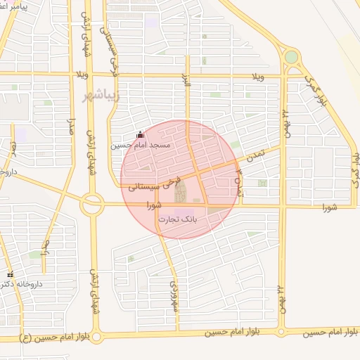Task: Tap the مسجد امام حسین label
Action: tap(140, 145)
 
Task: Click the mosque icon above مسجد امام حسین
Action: tap(139, 134)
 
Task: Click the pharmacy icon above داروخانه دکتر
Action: tap(10, 274)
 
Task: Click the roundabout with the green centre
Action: tap(291, 57)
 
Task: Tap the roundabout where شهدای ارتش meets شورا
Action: tap(91, 205)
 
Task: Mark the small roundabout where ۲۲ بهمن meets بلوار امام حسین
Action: tap(281, 330)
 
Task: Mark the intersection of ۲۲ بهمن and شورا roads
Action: tap(281, 207)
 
